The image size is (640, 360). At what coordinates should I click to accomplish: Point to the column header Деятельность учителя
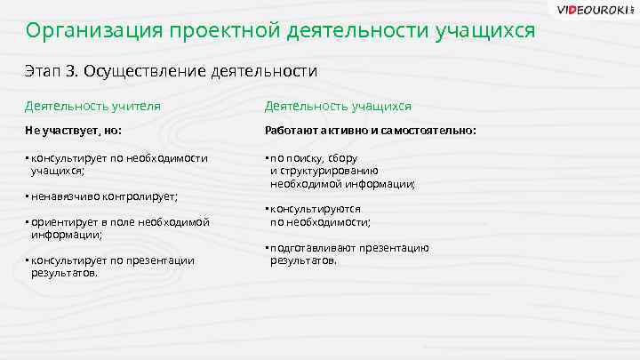click(93, 106)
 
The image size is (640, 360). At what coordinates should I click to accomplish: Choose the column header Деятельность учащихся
click(338, 106)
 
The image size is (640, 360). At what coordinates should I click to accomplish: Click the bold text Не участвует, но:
click(74, 131)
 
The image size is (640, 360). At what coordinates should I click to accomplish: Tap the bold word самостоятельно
click(426, 131)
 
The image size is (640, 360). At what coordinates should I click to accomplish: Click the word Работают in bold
click(292, 131)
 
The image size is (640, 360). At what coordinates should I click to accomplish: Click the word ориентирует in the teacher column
click(64, 222)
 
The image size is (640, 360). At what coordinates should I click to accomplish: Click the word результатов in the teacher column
click(64, 273)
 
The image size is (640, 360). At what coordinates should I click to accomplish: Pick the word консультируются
click(315, 209)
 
